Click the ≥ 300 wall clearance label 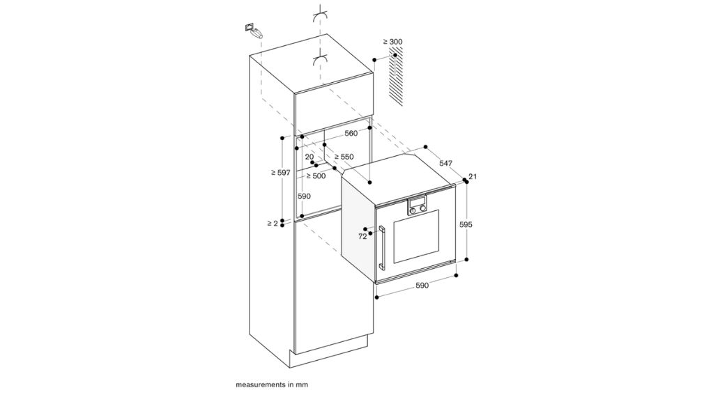pos(392,42)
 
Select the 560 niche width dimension pos(351,133)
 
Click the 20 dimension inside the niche pos(309,157)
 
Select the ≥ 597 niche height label pos(281,172)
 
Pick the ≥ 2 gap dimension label pos(272,223)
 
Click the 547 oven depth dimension pos(446,163)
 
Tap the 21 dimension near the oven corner pos(472,177)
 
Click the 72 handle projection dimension pos(362,237)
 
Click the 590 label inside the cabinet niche pos(305,196)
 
